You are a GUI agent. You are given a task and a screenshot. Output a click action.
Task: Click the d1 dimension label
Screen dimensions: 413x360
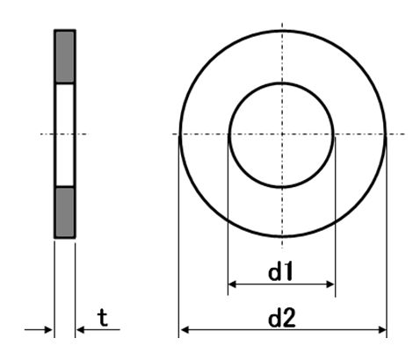tap(280, 271)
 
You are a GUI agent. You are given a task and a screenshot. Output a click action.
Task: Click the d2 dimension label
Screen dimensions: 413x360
tap(282, 318)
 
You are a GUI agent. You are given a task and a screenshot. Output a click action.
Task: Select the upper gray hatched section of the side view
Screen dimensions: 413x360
tap(65, 57)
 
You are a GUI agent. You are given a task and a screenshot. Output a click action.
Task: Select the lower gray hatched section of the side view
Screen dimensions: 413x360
tap(65, 212)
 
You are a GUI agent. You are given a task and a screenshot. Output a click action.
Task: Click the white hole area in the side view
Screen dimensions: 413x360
tap(65, 134)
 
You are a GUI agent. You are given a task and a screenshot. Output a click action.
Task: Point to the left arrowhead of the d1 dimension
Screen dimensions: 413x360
tap(232, 284)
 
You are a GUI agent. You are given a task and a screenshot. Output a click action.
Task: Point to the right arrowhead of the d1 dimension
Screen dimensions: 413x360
tap(330, 284)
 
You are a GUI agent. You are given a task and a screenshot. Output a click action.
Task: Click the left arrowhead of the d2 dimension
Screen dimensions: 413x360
tap(185, 330)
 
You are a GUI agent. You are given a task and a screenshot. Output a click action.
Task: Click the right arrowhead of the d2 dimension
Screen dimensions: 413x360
tap(382, 330)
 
